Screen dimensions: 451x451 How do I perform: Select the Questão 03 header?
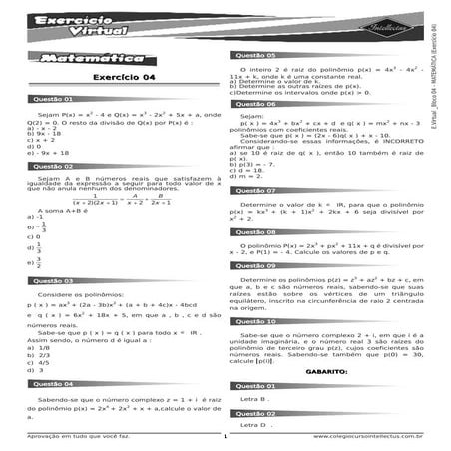[55, 281]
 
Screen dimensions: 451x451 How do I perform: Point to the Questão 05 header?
[256, 56]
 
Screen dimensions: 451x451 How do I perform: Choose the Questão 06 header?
[256, 104]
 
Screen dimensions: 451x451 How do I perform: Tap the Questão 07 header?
[256, 189]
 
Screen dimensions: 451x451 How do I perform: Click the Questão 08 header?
[256, 231]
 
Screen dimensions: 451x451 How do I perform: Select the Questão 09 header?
[256, 266]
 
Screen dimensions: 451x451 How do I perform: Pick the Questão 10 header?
[256, 322]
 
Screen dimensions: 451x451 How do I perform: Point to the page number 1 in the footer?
[226, 437]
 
